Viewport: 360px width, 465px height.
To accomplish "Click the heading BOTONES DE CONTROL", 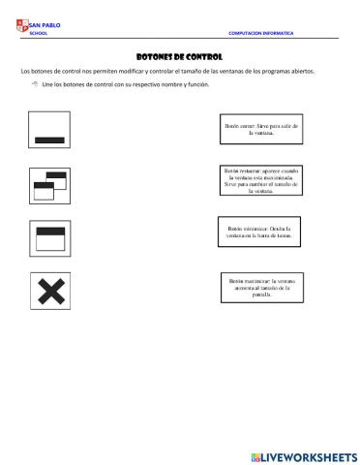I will pos(180,57).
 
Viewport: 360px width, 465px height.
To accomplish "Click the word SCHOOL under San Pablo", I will pos(40,33).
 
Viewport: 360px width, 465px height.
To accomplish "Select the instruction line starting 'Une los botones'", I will pos(125,85).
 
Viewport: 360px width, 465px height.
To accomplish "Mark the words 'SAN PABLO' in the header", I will pos(45,25).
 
